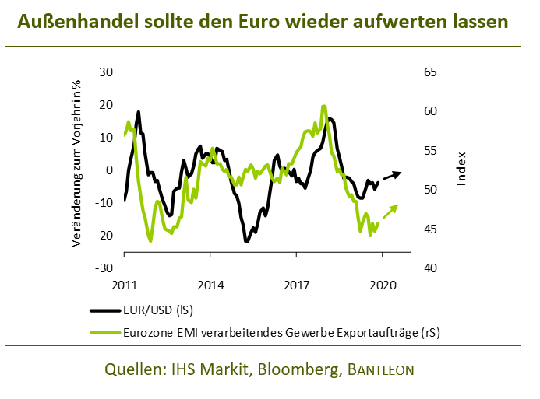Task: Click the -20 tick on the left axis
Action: click(x=104, y=236)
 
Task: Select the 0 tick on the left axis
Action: click(x=110, y=170)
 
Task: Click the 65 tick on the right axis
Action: click(x=430, y=72)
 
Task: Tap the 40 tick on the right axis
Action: click(x=430, y=268)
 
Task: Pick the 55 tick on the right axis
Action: click(x=430, y=151)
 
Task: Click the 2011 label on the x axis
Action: click(x=124, y=285)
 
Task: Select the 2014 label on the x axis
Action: click(x=210, y=285)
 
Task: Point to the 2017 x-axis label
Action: click(x=296, y=285)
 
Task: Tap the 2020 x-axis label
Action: click(x=382, y=285)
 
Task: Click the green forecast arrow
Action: click(x=389, y=212)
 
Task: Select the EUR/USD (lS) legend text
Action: click(x=158, y=310)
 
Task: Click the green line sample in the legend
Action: click(x=104, y=332)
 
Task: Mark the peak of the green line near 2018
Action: click(x=323, y=107)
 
